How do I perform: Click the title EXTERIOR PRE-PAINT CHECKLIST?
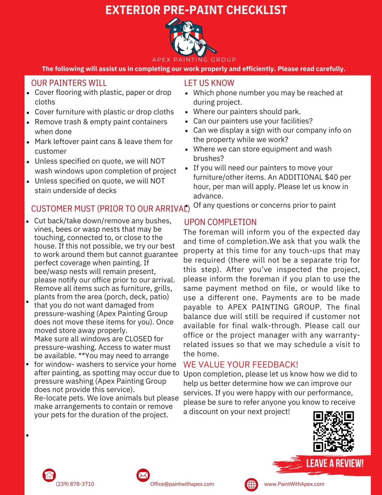click(x=196, y=10)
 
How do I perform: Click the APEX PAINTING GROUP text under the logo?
click(x=194, y=60)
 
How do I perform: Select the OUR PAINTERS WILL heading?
click(x=69, y=83)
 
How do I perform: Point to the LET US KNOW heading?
click(x=209, y=83)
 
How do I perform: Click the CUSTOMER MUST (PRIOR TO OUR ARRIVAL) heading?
click(x=110, y=209)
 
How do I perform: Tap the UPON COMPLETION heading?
click(x=220, y=222)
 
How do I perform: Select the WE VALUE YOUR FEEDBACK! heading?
click(x=241, y=364)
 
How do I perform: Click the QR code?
click(x=333, y=431)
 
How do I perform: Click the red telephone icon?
click(x=49, y=475)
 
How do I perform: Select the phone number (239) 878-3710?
click(x=75, y=484)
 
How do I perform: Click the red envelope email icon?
click(x=143, y=475)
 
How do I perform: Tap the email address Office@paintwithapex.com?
click(x=182, y=484)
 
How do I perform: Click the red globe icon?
click(x=251, y=484)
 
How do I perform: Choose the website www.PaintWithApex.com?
click(x=294, y=484)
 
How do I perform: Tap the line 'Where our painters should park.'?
click(x=247, y=112)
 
